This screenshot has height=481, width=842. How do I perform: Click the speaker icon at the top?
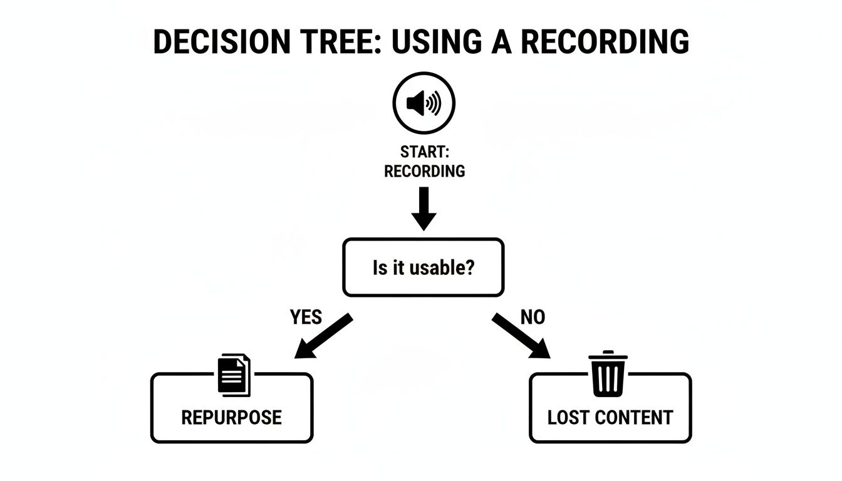pyautogui.click(x=424, y=103)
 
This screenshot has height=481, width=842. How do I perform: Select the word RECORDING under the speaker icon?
pyautogui.click(x=424, y=171)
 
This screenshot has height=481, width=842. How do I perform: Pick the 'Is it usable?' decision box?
pyautogui.click(x=423, y=267)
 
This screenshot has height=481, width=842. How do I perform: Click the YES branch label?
pyautogui.click(x=306, y=318)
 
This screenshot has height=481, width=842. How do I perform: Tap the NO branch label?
pyautogui.click(x=533, y=318)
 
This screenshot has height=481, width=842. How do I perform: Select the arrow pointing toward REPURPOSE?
pyautogui.click(x=323, y=336)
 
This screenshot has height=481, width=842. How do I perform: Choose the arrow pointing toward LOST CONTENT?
pyautogui.click(x=521, y=336)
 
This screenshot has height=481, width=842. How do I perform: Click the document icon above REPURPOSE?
pyautogui.click(x=234, y=375)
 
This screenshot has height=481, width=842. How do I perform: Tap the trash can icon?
pyautogui.click(x=608, y=375)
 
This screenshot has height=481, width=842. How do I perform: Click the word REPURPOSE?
pyautogui.click(x=231, y=417)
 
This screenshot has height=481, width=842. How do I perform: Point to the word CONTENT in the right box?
pyautogui.click(x=633, y=417)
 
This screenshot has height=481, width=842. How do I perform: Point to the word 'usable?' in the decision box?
pyautogui.click(x=441, y=268)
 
